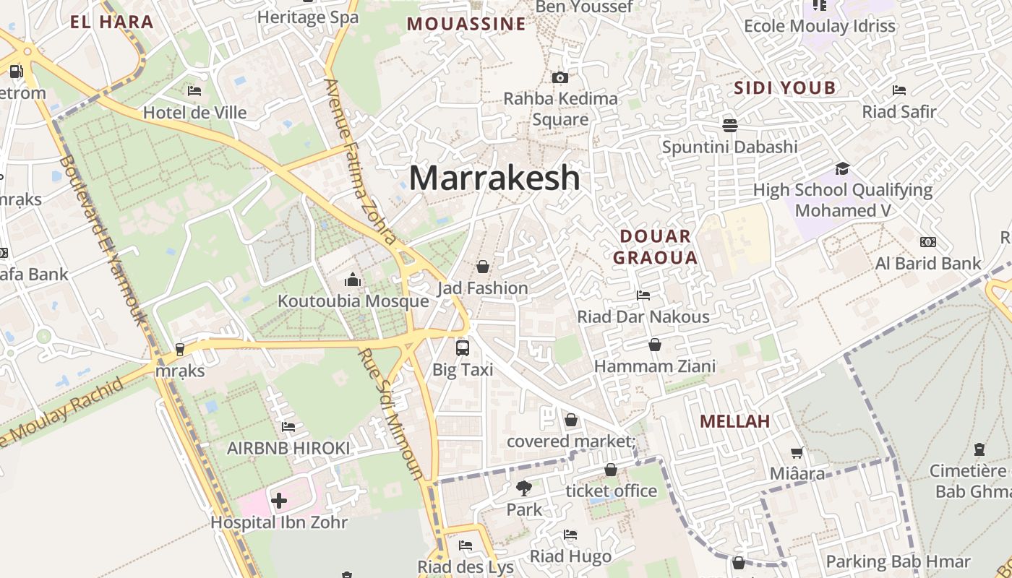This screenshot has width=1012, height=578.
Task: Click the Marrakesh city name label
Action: [494, 178]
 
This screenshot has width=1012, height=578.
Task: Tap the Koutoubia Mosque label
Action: [353, 301]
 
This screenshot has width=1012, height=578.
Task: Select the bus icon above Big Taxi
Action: [463, 348]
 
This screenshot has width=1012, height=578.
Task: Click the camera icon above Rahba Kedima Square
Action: [559, 77]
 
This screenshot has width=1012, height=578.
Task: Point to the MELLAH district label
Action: [735, 421]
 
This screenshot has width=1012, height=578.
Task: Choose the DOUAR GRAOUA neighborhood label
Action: [655, 246]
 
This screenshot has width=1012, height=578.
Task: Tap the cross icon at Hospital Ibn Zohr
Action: [279, 500]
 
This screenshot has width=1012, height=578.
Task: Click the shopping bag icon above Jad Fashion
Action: [483, 267]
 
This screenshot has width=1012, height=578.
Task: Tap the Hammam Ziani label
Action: [654, 366]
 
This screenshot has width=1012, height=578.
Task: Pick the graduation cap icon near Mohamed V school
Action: [842, 168]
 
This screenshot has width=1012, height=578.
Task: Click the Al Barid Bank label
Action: [928, 264]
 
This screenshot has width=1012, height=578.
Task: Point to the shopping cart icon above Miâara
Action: [797, 452]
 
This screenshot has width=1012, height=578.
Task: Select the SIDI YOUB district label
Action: [784, 88]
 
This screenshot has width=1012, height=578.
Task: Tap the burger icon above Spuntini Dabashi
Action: [730, 125]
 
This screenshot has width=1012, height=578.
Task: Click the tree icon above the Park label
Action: [524, 488]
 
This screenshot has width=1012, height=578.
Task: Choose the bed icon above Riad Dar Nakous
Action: [643, 295]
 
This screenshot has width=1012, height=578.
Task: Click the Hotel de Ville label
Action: [194, 113]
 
